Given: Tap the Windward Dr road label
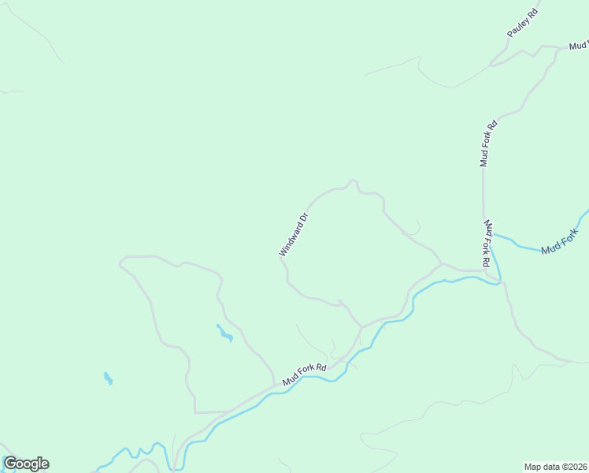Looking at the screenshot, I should pyautogui.click(x=293, y=234).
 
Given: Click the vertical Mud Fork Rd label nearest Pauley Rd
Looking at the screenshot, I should pyautogui.click(x=488, y=143).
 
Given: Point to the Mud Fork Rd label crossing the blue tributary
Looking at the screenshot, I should pyautogui.click(x=488, y=243).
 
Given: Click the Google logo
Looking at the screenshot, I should pyautogui.click(x=26, y=464).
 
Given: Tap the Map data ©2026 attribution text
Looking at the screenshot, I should pyautogui.click(x=555, y=466).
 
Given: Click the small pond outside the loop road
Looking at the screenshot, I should pyautogui.click(x=108, y=378).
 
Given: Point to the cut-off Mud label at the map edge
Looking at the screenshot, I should pyautogui.click(x=579, y=47).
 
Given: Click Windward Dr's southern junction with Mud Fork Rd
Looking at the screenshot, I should pyautogui.click(x=361, y=326).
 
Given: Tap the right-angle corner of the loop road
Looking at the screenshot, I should pyautogui.click(x=194, y=412).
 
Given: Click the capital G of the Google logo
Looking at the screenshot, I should pyautogui.click(x=10, y=464).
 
